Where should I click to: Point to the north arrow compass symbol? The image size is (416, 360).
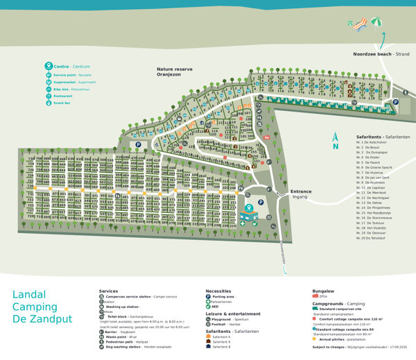(x=335, y=141)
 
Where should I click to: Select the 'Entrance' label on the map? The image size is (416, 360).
(x=301, y=192)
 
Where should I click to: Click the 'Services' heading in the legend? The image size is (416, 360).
(x=109, y=291)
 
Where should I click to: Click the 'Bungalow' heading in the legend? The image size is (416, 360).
(x=324, y=291)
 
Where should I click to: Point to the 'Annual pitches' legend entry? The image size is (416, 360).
(x=337, y=338)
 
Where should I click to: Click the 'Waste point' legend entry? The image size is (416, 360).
(x=125, y=336)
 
